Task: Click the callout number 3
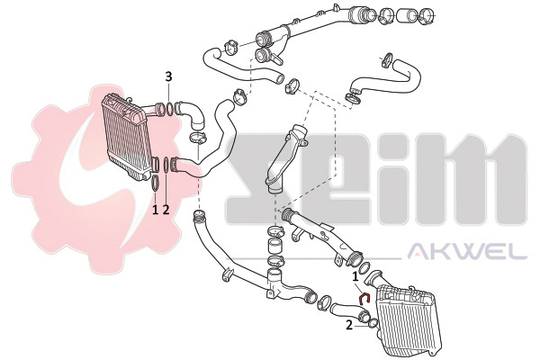pyautogui.click(x=168, y=76)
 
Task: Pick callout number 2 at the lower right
pyautogui.click(x=349, y=325)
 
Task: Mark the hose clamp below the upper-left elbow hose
pyautogui.click(x=198, y=139)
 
